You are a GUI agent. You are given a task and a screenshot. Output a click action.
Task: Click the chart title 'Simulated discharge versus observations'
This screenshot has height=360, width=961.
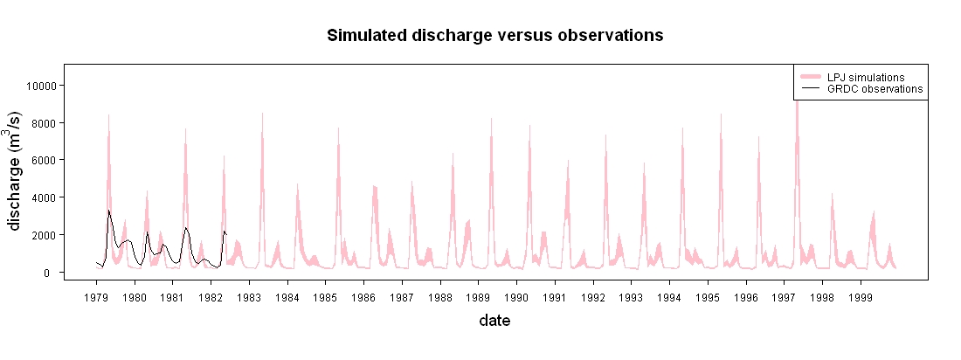(x=495, y=36)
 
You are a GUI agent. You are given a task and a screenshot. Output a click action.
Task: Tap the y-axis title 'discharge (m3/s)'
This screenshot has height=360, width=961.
(x=16, y=171)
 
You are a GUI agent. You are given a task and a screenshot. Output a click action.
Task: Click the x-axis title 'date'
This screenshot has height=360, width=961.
(x=494, y=320)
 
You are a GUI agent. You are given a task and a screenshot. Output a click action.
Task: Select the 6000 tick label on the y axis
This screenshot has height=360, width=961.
(x=45, y=160)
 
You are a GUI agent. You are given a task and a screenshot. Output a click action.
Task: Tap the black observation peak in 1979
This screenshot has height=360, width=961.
(x=108, y=211)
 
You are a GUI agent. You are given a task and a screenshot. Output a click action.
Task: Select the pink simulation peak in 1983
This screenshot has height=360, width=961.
(x=262, y=114)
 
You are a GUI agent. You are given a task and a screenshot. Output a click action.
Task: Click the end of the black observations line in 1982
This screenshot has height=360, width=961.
(x=226, y=233)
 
